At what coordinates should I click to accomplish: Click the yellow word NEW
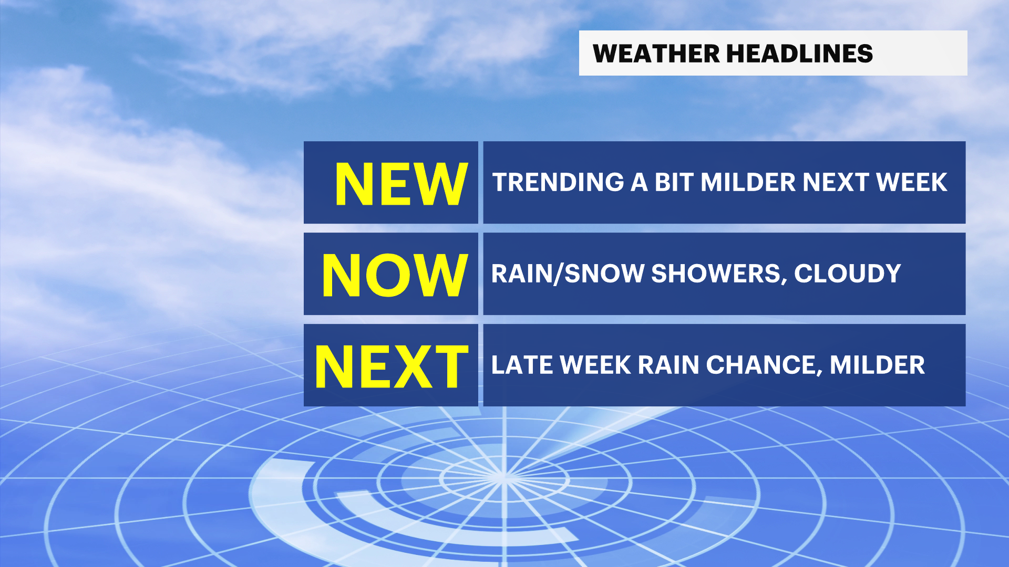point(401,184)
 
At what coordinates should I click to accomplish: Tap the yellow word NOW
point(395,275)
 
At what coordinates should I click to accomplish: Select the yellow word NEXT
point(392,366)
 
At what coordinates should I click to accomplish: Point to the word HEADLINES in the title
point(799,54)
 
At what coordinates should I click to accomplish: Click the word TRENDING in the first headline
point(558,183)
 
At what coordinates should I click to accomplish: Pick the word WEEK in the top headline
point(911,183)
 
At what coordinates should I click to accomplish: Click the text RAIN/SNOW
point(568,274)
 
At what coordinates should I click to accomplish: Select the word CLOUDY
point(847,274)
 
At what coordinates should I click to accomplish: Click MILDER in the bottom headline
point(877,365)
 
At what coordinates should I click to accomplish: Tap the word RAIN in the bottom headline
point(668,365)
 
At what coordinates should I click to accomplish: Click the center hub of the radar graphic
point(503,477)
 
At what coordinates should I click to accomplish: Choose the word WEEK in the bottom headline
point(595,365)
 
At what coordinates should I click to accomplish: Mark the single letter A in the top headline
point(639,183)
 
